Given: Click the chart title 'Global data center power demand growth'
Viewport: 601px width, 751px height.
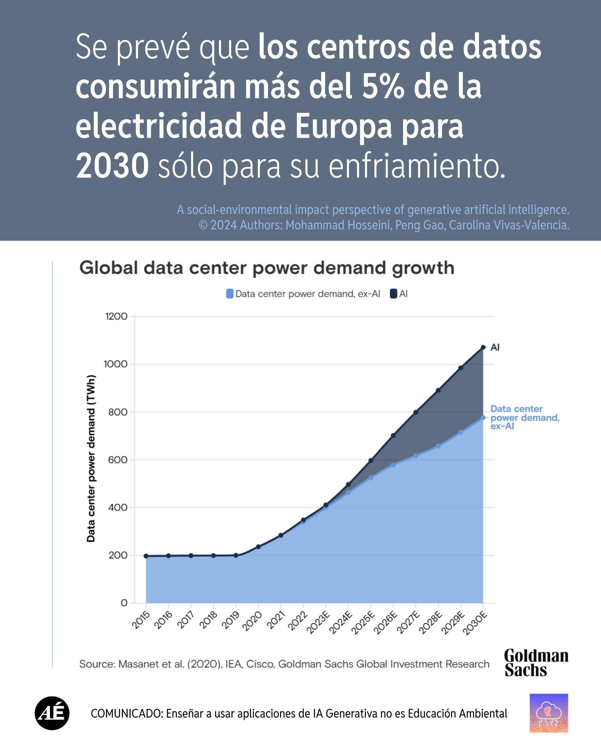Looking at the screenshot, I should point(267,268).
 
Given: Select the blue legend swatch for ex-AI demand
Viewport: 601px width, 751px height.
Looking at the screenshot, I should point(230,294).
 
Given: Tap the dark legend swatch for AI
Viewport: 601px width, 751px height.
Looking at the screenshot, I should point(393,294).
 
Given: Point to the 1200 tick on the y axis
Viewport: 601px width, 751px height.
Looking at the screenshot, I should point(116,316).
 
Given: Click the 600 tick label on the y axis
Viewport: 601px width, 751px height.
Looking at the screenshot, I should point(118,460).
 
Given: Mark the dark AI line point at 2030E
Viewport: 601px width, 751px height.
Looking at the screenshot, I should point(483,347).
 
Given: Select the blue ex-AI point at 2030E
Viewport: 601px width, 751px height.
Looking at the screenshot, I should point(483,417).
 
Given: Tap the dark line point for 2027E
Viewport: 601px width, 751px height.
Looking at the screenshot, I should point(416,412).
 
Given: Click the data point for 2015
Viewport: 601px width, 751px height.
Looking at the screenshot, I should point(146,556).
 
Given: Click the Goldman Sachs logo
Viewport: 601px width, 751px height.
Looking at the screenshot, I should point(536,663).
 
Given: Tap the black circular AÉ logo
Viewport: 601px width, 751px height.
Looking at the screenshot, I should point(52,713).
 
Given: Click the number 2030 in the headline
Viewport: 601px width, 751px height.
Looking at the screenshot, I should point(112,166).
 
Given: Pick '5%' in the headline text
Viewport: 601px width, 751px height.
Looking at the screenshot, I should point(383,87).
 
